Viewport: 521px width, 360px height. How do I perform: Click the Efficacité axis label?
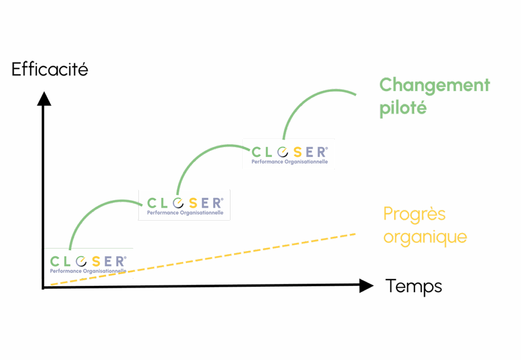tap(50, 69)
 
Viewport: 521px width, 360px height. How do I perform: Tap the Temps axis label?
tap(413, 286)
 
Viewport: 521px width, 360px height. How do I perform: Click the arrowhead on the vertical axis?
tap(44, 98)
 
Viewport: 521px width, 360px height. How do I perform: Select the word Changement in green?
tap(434, 85)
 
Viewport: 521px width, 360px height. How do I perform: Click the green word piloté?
tap(402, 108)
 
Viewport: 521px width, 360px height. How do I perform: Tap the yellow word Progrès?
tap(414, 214)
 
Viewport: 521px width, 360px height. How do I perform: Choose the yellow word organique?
tap(425, 237)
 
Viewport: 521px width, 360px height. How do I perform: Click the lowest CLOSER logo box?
tap(88, 263)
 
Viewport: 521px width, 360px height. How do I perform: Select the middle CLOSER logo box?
tap(184, 204)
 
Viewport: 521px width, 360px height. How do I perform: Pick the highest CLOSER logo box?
tap(288, 154)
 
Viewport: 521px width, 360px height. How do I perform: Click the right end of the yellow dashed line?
tap(354, 234)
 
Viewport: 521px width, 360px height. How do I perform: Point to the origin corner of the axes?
tap(44, 287)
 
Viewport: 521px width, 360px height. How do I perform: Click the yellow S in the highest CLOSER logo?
tap(295, 152)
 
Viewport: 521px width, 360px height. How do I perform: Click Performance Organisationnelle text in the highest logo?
tap(290, 162)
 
